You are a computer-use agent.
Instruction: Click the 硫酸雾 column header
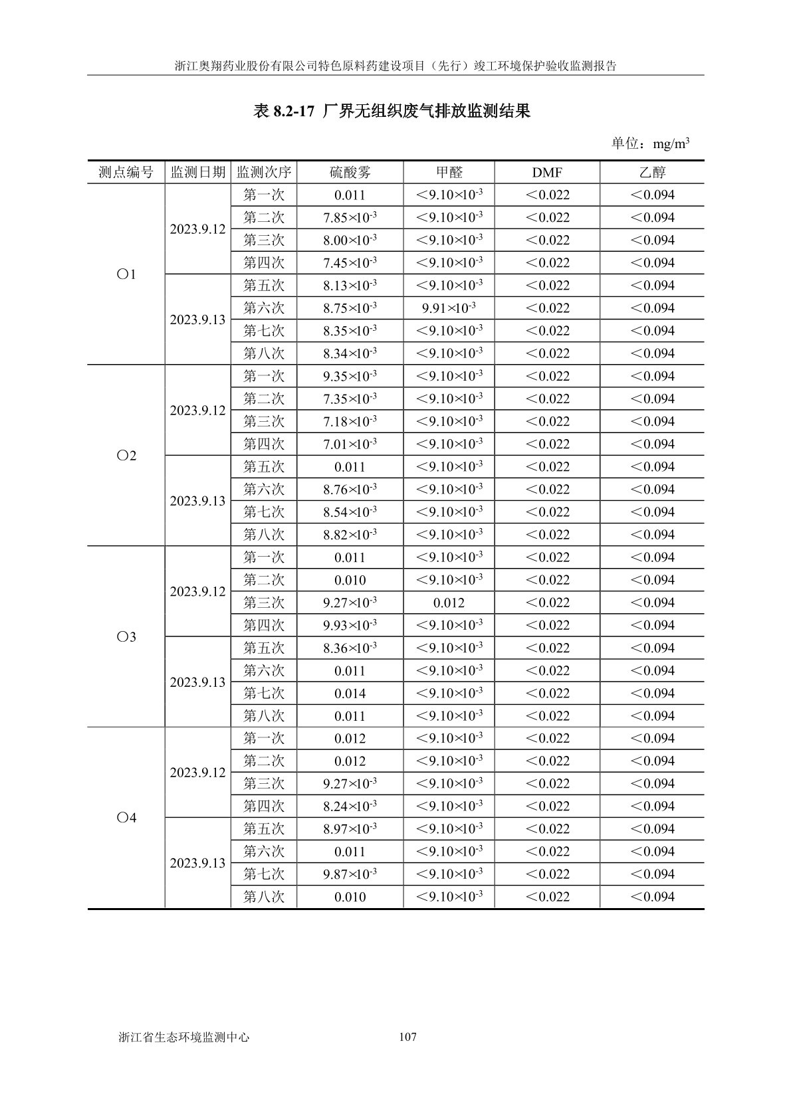(x=350, y=173)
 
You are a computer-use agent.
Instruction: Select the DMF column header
(x=547, y=173)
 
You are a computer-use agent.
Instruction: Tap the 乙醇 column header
(x=652, y=173)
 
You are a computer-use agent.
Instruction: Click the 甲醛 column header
(x=449, y=173)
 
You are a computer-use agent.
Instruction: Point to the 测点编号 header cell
(x=126, y=173)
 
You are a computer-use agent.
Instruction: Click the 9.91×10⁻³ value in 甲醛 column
(x=449, y=308)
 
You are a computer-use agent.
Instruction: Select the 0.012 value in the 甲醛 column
(x=449, y=603)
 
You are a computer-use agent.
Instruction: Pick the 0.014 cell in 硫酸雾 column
(x=350, y=694)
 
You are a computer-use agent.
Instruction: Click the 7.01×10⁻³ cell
(x=350, y=444)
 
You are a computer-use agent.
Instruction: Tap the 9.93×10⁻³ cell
(x=350, y=626)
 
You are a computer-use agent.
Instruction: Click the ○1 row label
(x=126, y=274)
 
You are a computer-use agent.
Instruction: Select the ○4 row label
(x=126, y=818)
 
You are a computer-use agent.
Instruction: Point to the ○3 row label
(x=126, y=637)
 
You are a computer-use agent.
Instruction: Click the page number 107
(x=407, y=1037)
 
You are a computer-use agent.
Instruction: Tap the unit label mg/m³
(x=671, y=143)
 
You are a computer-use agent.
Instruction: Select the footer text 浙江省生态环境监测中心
(x=183, y=1037)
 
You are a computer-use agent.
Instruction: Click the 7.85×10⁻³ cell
(x=350, y=218)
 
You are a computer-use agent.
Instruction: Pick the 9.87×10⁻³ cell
(x=350, y=874)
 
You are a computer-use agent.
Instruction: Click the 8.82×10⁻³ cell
(x=350, y=535)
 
